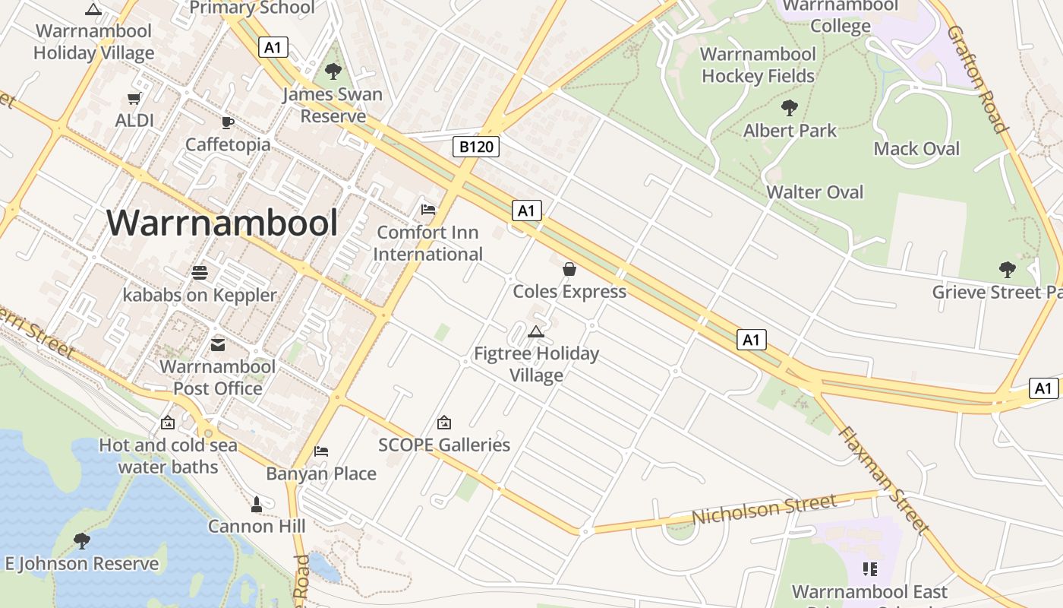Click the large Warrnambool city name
coord(222,223)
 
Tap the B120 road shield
coord(476,147)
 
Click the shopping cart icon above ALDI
coord(134,99)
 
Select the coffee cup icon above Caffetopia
coord(227,122)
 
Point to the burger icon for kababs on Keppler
coord(200,272)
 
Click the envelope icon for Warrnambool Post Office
coord(218,345)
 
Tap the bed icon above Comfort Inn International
coord(428,210)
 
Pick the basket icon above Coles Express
coord(569,269)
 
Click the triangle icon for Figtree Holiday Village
coord(536,331)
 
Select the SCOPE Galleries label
coord(444,445)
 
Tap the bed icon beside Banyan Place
coord(321,451)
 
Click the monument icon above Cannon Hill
coord(257,504)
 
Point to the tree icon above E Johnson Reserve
coord(82,541)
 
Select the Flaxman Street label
coord(884,478)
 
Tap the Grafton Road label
coord(977,78)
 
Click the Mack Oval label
coord(916,149)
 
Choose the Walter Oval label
coord(815,192)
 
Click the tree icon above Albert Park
coord(790,108)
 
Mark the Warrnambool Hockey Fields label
coord(758,65)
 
